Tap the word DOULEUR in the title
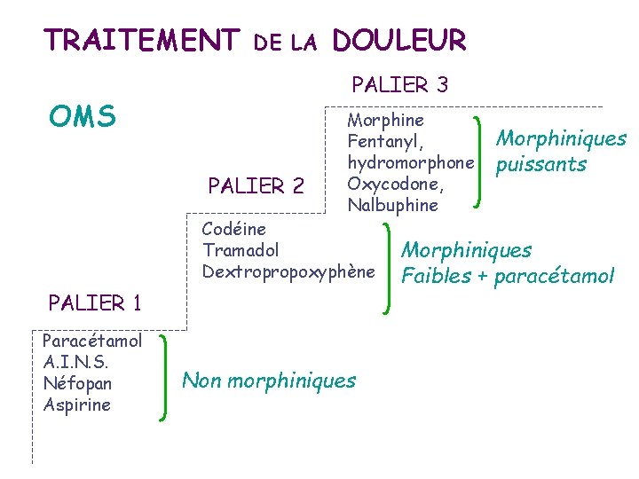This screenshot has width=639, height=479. tap(398, 40)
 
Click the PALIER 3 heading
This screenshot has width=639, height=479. tap(399, 85)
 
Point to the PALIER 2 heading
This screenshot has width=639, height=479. tap(256, 186)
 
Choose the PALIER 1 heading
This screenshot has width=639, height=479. tap(96, 302)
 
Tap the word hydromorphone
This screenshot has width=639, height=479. tap(411, 162)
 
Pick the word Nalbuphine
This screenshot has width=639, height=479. tap(393, 205)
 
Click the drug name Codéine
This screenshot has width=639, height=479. tap(233, 230)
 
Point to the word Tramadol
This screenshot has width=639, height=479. tap(241, 250)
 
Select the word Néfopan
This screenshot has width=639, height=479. tap(77, 383)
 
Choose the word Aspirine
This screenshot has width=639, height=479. tap(77, 404)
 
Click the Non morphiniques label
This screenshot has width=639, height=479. tap(269, 381)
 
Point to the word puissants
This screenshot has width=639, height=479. tap(541, 164)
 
